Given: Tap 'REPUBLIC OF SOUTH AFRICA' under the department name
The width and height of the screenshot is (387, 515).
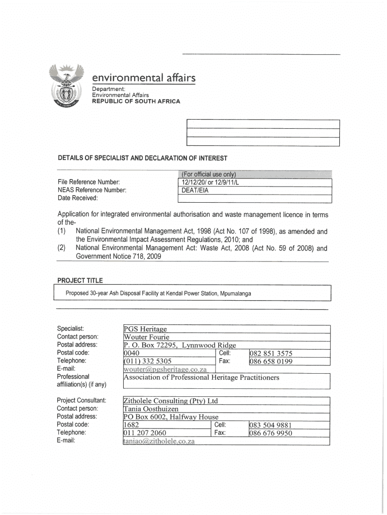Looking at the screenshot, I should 135,101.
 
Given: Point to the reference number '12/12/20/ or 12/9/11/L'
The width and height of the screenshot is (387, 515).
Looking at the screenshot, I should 211,182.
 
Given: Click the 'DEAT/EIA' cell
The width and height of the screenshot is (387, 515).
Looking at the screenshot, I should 196,190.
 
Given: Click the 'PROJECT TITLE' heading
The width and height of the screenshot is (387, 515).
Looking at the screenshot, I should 80,280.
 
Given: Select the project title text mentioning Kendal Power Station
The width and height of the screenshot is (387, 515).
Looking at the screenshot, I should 158,293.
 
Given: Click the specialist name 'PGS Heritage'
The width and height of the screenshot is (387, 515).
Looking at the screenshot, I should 145,329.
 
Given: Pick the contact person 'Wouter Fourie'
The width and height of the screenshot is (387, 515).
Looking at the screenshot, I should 147,337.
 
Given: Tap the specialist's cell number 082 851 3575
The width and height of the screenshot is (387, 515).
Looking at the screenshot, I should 271,354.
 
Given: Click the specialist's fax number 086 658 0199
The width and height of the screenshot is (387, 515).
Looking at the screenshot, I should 271,361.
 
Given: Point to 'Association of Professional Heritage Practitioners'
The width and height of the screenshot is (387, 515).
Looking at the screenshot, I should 201,377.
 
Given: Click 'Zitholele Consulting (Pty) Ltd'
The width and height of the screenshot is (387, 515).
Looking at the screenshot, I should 171,401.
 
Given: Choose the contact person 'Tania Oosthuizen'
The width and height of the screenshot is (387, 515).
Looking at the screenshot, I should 151,409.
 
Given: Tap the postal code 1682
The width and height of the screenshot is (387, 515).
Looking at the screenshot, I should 132,425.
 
